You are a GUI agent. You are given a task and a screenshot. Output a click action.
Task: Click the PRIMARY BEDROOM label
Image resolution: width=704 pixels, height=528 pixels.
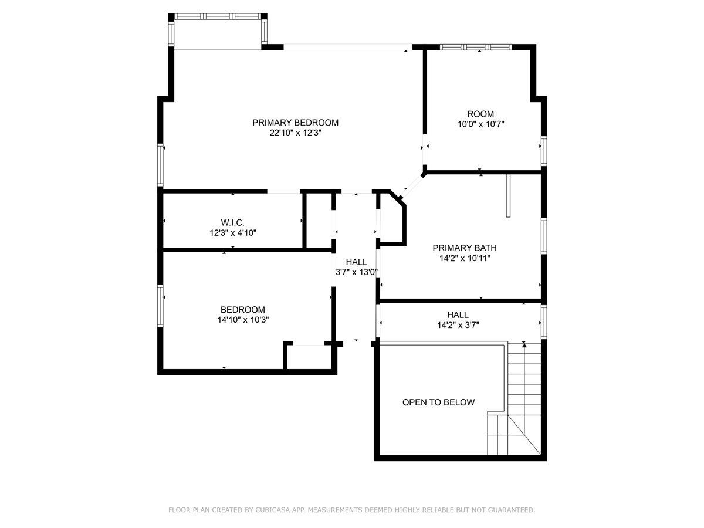point(295,123)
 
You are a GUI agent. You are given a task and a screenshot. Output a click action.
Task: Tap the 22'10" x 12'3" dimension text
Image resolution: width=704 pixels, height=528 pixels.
point(295,133)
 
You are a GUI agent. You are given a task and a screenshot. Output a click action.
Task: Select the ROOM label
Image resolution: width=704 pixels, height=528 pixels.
point(480,114)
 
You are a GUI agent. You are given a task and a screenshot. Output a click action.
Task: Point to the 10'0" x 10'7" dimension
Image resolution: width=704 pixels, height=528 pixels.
point(480,124)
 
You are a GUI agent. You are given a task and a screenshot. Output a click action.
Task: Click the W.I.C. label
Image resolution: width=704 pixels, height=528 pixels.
point(232,222)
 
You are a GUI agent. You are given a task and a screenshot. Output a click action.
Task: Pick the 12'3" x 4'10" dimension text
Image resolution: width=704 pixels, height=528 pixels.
point(233,233)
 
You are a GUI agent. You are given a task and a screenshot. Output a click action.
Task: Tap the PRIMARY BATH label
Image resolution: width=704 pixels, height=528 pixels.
point(465,248)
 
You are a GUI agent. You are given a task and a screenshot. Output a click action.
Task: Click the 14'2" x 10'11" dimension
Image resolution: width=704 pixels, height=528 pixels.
point(465,258)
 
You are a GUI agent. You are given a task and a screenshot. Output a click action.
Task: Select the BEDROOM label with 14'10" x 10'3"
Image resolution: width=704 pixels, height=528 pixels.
point(243,310)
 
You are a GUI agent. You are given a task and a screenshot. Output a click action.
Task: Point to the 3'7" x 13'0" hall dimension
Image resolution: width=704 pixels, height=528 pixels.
point(356,272)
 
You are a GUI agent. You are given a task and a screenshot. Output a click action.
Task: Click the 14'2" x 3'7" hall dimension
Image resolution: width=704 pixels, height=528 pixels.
point(458,325)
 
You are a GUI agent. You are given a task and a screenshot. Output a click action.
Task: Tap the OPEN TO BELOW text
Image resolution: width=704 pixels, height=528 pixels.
point(438,402)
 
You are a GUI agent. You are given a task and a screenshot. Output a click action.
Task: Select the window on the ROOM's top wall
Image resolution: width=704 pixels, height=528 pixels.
point(476,47)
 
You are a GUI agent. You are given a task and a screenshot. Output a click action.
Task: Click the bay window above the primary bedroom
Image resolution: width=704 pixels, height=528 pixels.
point(218,32)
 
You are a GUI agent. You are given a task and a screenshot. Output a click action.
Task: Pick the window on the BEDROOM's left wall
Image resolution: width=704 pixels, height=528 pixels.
point(160,306)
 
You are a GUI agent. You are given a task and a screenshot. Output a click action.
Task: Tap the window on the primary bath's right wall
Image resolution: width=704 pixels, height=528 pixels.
point(544,236)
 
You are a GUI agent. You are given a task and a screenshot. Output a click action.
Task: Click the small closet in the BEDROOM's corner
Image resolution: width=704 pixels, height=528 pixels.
point(309,357)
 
